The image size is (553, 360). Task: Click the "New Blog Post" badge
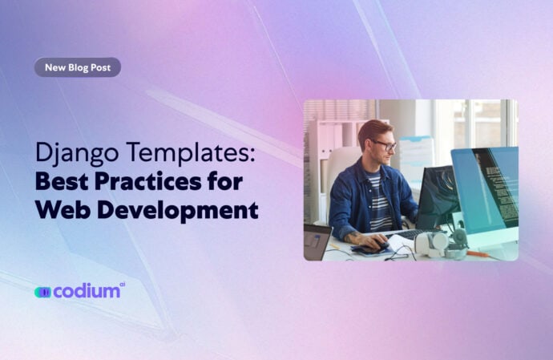(x=77, y=67)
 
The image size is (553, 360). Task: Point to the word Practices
(x=153, y=181)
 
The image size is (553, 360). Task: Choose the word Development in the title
(x=176, y=210)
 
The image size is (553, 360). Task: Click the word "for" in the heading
(x=227, y=181)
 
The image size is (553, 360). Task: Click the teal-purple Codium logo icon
(x=42, y=293)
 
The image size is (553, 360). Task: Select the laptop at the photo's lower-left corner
(x=316, y=240)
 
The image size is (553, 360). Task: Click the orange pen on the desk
(x=479, y=253)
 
